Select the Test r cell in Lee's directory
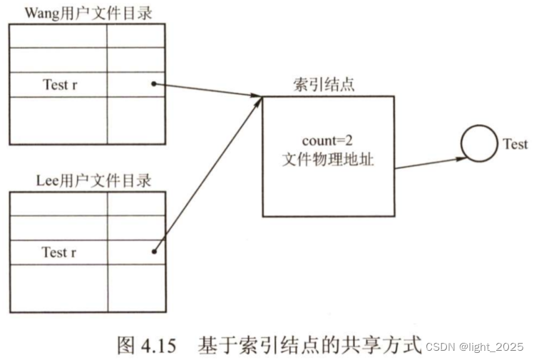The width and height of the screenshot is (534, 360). coord(59,252)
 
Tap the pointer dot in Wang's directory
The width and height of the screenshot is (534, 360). coord(154,84)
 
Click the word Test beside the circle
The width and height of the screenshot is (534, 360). coord(515,144)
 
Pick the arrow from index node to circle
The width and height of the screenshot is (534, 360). coord(428,163)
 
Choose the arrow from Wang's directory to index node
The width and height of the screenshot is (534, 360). coord(207,91)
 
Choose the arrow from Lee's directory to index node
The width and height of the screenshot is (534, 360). coord(207,175)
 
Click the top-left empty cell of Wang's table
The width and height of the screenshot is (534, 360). coord(58,36)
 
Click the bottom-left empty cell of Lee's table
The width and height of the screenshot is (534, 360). coord(58,289)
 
